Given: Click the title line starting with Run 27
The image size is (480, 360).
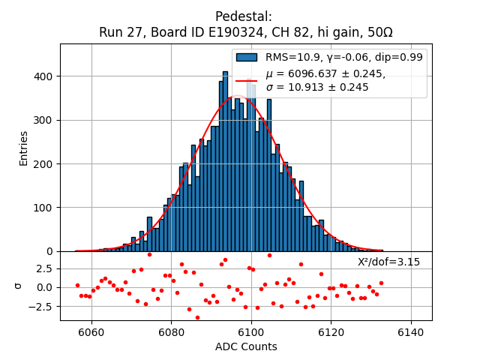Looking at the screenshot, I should pos(245,32).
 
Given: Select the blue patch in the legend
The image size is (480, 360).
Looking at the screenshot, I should pos(246,57).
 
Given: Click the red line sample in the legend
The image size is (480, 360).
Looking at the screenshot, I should pos(246,80).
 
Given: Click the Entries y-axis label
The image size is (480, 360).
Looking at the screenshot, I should pos(23,148).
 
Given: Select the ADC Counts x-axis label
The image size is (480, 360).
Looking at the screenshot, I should pos(245,346).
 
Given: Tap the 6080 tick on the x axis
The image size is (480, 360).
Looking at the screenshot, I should pos(171,332).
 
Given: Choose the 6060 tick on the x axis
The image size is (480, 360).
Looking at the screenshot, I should pos(91,332).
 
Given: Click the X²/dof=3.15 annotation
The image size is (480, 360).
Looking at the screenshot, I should pos(388,262).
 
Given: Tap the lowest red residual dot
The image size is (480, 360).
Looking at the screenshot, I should pos(197,317).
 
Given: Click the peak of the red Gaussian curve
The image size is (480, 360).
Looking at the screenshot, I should pos(237,96).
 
